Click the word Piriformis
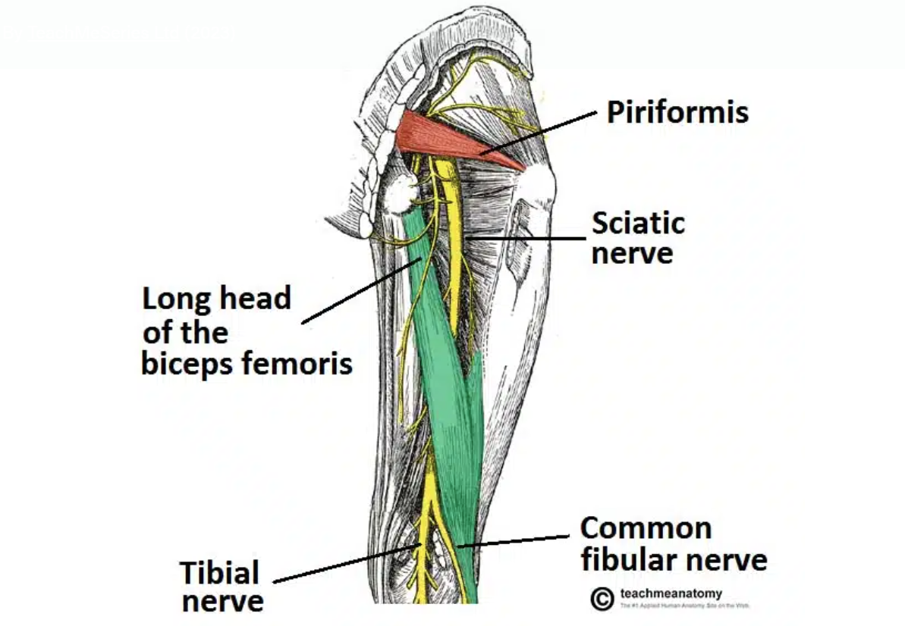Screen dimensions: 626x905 (677, 113)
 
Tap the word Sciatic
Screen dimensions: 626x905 (638, 224)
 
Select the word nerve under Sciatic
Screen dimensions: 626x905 (632, 253)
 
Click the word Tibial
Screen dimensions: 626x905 (220, 573)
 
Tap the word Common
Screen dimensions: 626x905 (646, 528)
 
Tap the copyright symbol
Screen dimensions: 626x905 (602, 599)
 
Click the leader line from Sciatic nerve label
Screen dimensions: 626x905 (523, 238)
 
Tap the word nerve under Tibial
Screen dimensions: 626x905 (223, 602)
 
